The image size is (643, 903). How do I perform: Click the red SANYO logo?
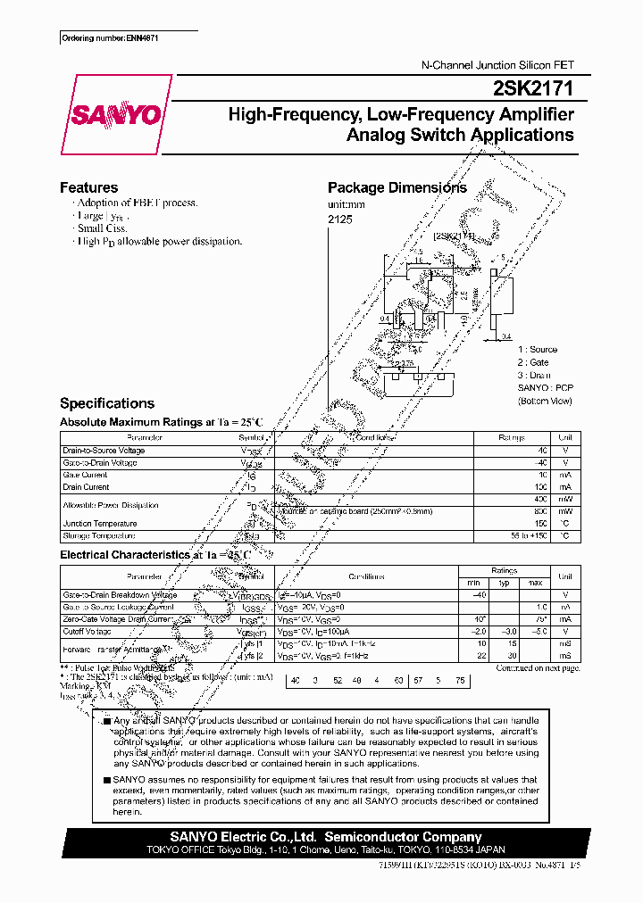coord(115,116)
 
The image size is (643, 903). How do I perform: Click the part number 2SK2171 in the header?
coord(534,88)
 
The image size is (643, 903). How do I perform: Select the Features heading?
coord(88,187)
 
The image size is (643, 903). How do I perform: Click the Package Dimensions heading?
coord(397,187)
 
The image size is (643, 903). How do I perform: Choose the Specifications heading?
coord(106,403)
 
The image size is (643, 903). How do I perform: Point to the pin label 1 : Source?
coord(537,350)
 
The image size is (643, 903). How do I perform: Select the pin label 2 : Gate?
coord(533,362)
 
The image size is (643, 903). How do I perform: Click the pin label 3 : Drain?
coord(534,376)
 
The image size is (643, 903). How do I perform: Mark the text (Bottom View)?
coord(544,402)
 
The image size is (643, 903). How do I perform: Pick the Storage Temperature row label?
coord(99,536)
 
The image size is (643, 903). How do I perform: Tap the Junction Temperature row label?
coord(100,524)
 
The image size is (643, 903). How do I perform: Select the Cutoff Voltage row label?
coord(88,631)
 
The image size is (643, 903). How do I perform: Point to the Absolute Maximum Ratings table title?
coord(162,422)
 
